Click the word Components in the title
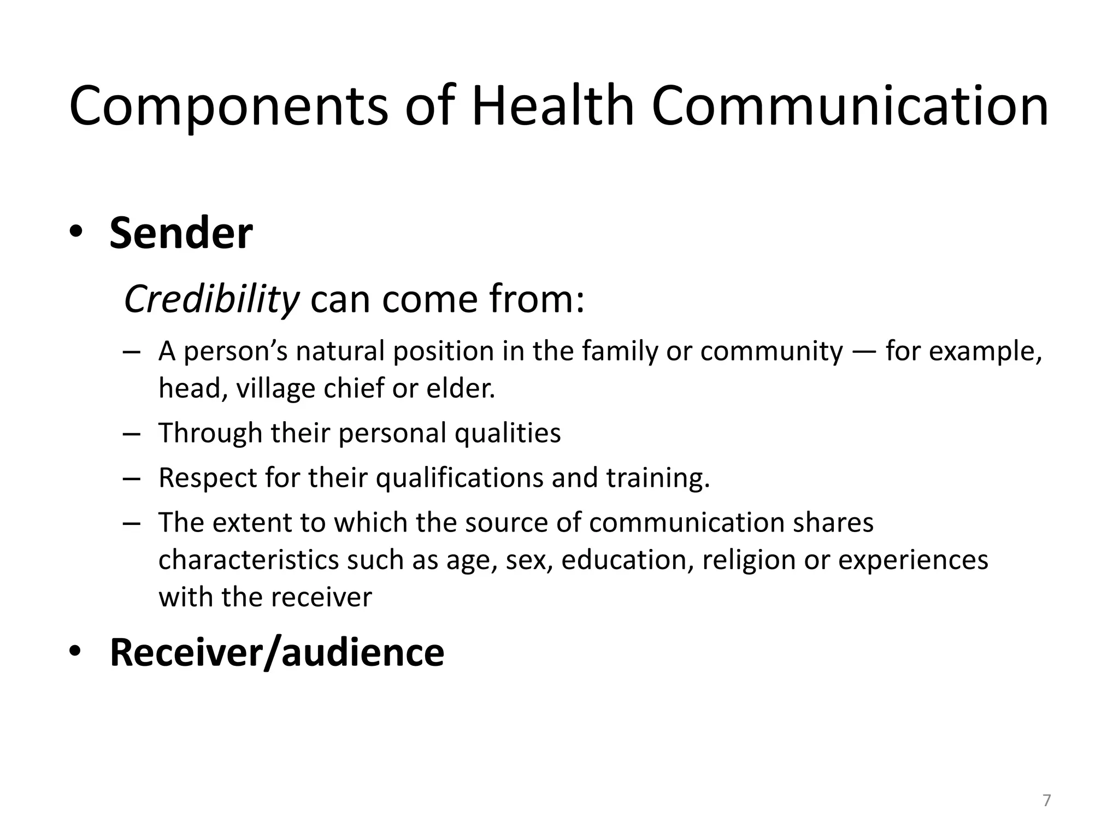228,107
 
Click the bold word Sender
181,234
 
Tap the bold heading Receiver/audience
277,652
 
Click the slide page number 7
1046,801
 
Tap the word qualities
508,434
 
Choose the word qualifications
460,478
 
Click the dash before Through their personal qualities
132,434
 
